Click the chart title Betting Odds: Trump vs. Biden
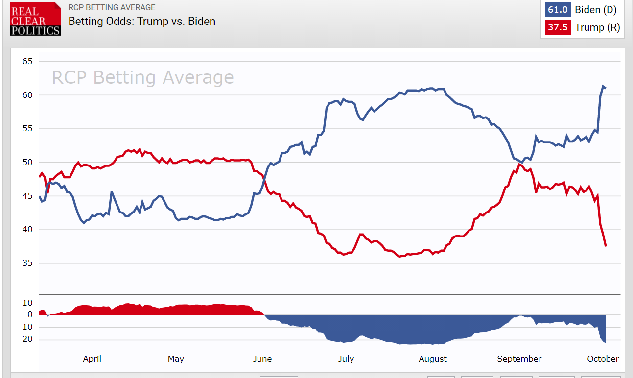(141, 21)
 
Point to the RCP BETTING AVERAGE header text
(112, 7)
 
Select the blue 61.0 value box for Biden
(558, 10)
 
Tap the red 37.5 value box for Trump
(558, 27)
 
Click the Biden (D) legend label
(596, 10)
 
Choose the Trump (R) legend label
(597, 27)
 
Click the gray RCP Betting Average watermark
(142, 78)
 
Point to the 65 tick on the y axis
(27, 61)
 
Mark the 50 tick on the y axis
(27, 163)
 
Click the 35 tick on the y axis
(27, 263)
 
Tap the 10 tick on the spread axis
(27, 303)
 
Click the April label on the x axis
(92, 359)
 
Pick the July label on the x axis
(346, 359)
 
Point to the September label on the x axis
(519, 359)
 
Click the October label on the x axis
(603, 359)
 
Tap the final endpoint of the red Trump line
(606, 246)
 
